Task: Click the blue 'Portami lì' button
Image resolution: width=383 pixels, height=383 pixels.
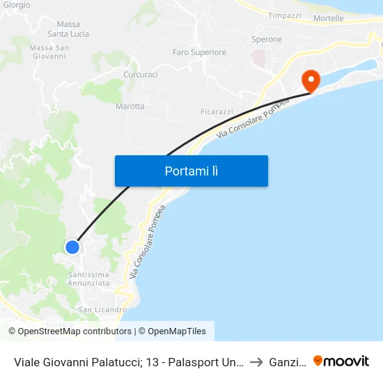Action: pos(191,171)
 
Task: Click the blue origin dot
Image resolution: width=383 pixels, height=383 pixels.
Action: pos(72,247)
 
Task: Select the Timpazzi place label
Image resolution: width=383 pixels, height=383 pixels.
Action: pos(285,15)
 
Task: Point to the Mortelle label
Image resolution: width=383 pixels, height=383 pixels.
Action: pos(329,18)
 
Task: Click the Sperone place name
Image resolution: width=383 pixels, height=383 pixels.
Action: pos(267,40)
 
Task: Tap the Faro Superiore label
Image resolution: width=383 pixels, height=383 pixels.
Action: pos(199,52)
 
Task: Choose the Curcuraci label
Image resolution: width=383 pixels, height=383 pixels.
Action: pos(140,75)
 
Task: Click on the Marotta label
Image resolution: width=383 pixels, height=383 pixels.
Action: pos(130,106)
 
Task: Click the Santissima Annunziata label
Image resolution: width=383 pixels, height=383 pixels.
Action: pos(89,279)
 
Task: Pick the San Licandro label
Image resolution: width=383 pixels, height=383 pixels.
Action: pos(102,309)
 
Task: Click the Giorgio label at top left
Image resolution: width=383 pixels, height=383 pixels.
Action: pos(16,5)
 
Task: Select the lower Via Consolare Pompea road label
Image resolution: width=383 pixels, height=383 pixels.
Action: pos(146,242)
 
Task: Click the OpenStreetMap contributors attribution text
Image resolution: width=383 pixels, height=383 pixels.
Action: pos(75,331)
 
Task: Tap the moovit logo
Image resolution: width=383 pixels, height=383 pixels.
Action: pos(341,361)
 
